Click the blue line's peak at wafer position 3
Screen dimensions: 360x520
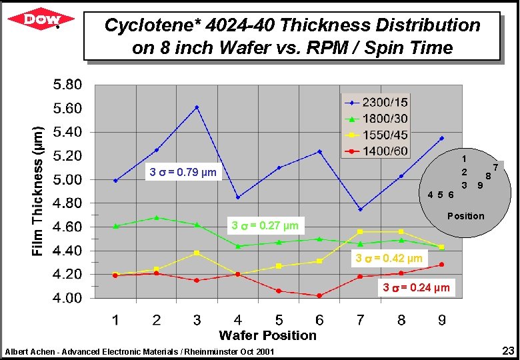pyautogui.click(x=197, y=107)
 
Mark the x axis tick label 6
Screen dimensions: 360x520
pyautogui.click(x=319, y=321)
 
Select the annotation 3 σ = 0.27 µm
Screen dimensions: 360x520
pyautogui.click(x=264, y=225)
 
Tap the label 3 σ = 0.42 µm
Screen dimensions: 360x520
pyautogui.click(x=389, y=258)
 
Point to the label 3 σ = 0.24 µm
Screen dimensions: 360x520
pyautogui.click(x=416, y=288)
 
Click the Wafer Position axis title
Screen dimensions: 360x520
pyautogui.click(x=267, y=335)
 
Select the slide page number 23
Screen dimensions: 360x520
pyautogui.click(x=507, y=351)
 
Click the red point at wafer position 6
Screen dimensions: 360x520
pyautogui.click(x=319, y=295)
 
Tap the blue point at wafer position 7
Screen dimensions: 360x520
pyautogui.click(x=360, y=209)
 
